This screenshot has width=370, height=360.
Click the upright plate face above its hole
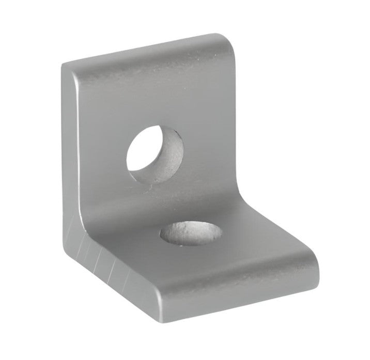155,93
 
